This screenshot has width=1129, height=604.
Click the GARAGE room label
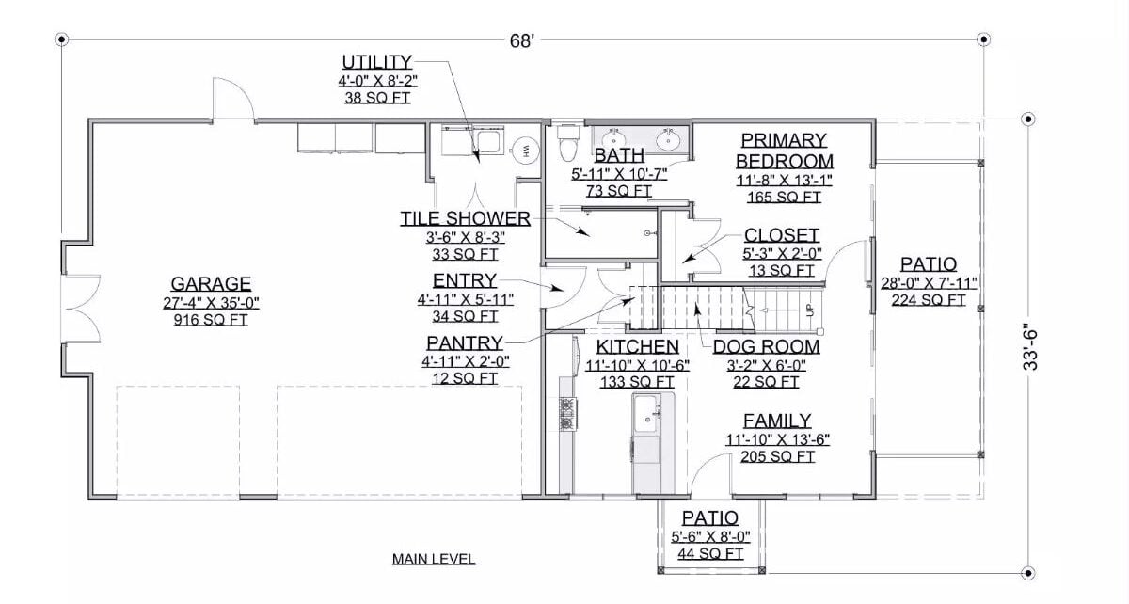tap(211, 283)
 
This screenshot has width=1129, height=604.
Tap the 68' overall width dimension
tap(523, 41)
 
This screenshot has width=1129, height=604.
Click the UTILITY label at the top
tap(376, 63)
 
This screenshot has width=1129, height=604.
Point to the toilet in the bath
tap(566, 145)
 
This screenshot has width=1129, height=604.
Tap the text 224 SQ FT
tap(929, 300)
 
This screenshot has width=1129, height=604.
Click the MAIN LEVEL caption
tap(434, 559)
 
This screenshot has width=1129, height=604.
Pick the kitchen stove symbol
tap(567, 414)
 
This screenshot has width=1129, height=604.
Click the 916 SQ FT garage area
tap(211, 320)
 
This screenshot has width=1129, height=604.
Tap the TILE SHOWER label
tap(465, 218)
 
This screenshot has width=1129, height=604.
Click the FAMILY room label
tap(777, 421)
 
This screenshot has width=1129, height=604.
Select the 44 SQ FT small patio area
tap(709, 554)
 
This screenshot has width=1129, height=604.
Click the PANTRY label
tap(464, 342)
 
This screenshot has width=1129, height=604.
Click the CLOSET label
tap(781, 235)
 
